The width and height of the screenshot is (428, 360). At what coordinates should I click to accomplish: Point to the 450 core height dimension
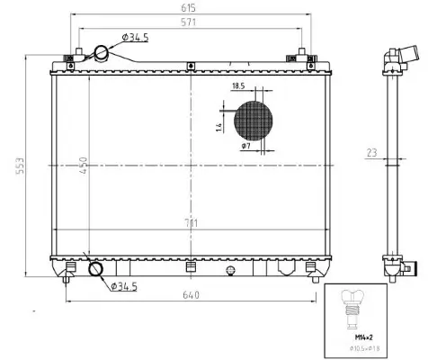84,167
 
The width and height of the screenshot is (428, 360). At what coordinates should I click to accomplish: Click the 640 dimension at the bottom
191,294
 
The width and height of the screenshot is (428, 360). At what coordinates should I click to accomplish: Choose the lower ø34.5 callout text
123,287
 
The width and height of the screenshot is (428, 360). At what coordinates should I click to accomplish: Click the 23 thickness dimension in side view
371,153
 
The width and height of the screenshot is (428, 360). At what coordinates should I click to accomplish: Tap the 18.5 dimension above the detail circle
238,85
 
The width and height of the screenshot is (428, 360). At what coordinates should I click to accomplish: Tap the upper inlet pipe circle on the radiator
105,52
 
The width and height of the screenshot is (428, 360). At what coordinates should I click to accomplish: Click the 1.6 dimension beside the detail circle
219,126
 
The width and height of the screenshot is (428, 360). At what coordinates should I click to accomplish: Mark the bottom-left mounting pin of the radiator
66,280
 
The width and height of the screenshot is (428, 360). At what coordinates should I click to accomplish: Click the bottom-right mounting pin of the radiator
316,280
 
